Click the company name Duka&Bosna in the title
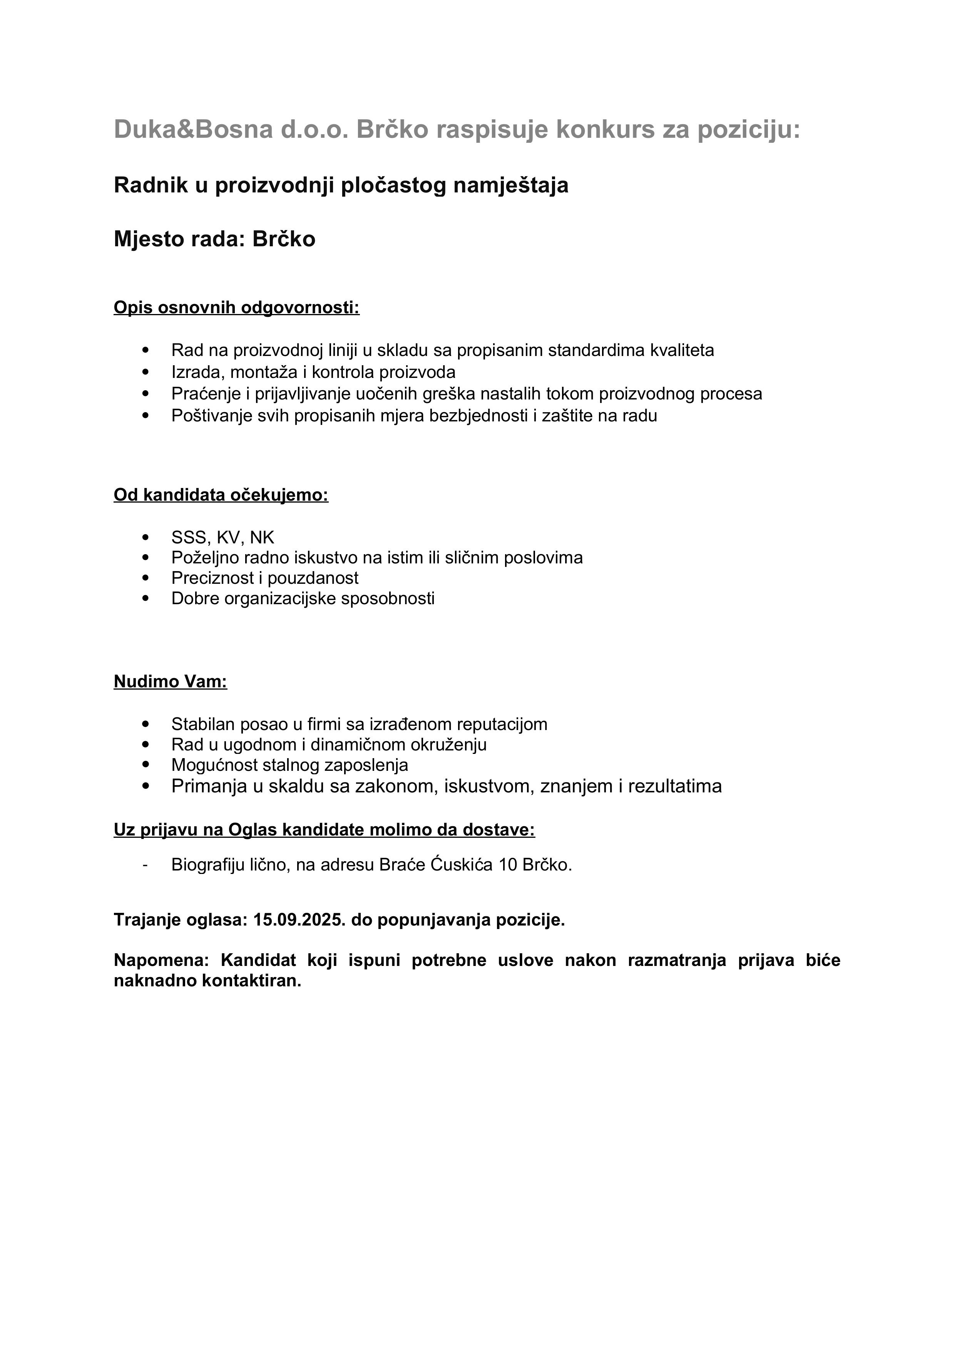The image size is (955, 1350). click(x=193, y=129)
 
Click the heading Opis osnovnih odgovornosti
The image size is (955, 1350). click(x=236, y=307)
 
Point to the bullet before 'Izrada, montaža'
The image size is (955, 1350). click(x=146, y=372)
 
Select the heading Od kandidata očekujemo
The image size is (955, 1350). click(x=221, y=495)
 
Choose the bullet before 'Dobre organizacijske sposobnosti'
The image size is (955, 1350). click(x=146, y=598)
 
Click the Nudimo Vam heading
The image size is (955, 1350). click(x=171, y=682)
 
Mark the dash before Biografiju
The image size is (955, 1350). click(x=145, y=865)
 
